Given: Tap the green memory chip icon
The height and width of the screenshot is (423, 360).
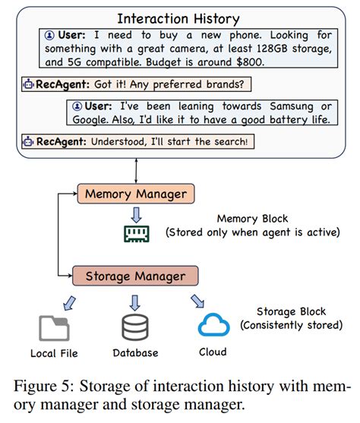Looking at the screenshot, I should pos(137,233).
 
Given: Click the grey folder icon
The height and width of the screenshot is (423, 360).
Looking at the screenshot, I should pos(54,327).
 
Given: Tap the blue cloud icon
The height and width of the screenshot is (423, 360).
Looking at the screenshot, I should pos(213,325).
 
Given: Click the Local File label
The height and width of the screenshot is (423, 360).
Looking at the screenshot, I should pos(54,353).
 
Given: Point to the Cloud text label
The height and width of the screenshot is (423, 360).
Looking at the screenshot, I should pos(213,352).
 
